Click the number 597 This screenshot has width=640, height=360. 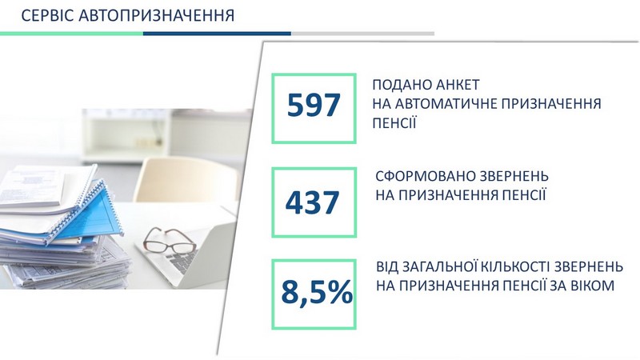pyautogui.click(x=314, y=106)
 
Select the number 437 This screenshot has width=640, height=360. pyautogui.click(x=312, y=202)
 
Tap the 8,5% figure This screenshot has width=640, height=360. pyautogui.click(x=317, y=292)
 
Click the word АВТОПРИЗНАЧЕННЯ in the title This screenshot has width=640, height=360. pyautogui.click(x=156, y=15)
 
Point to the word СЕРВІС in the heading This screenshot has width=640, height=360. pyautogui.click(x=47, y=15)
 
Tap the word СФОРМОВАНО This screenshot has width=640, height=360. pyautogui.click(x=426, y=176)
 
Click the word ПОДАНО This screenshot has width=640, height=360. pyautogui.click(x=402, y=85)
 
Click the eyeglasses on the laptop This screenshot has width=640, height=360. pyautogui.click(x=169, y=241)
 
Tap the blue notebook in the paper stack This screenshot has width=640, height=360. pyautogui.click(x=88, y=215)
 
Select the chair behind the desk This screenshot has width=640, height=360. pyautogui.click(x=186, y=179)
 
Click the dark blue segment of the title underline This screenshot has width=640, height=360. pyautogui.click(x=217, y=34)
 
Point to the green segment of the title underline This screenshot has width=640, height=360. pyautogui.click(x=71, y=34)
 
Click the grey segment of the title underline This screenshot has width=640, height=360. pyautogui.click(x=363, y=34)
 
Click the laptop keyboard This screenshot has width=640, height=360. pyautogui.click(x=182, y=261)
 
